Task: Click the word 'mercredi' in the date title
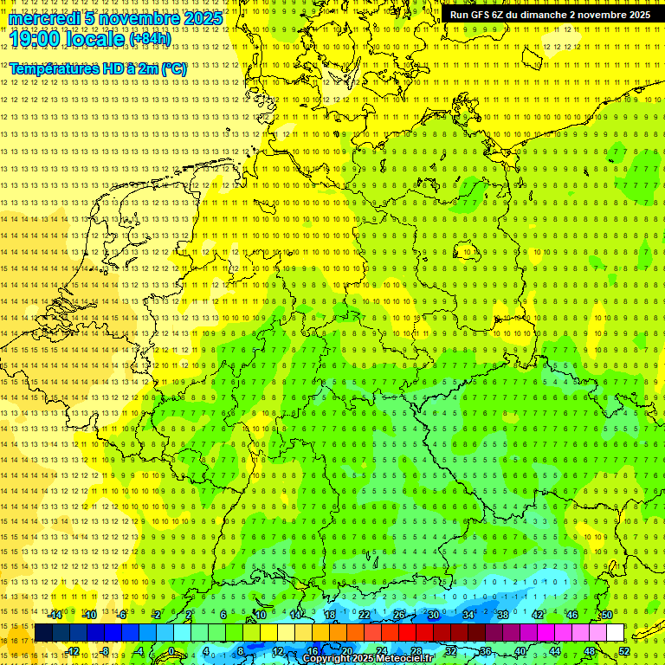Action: [46, 18]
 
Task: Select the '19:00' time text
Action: [36, 39]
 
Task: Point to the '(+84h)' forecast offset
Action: [150, 39]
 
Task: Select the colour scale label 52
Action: [623, 652]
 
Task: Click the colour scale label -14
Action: [55, 615]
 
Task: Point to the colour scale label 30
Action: [433, 615]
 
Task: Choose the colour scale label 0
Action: [171, 652]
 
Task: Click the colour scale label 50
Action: [606, 615]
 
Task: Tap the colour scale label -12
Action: [73, 652]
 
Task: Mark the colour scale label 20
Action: [346, 652]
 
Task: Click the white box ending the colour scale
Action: [615, 633]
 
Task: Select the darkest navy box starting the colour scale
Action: [43, 633]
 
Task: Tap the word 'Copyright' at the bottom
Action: [326, 659]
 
